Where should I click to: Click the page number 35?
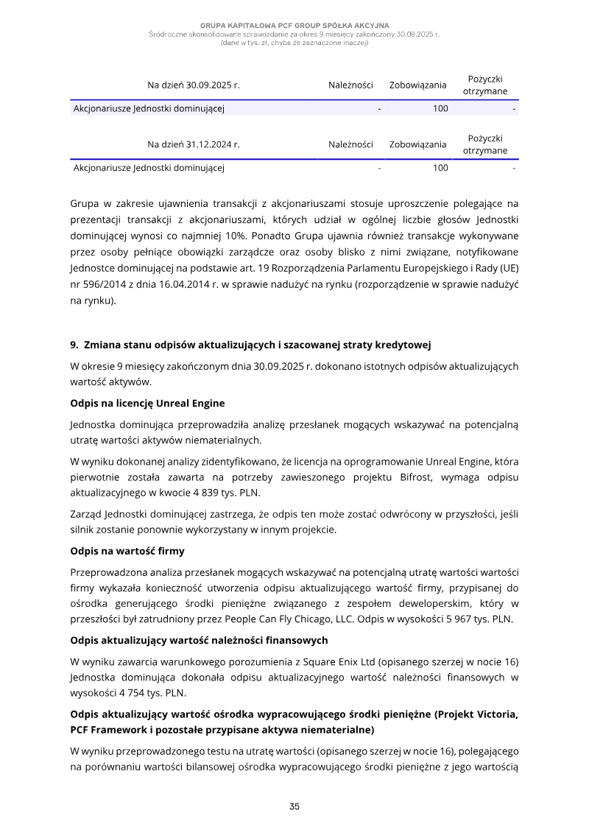(x=294, y=806)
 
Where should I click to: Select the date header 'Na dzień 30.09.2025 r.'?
(x=194, y=85)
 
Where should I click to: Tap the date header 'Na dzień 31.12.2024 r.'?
(x=194, y=144)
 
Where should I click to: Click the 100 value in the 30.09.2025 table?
(x=440, y=109)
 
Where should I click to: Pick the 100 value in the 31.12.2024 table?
(x=440, y=168)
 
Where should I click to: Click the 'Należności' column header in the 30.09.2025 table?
(x=350, y=85)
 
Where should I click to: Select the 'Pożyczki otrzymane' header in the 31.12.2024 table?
(x=485, y=144)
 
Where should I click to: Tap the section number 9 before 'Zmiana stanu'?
(x=74, y=344)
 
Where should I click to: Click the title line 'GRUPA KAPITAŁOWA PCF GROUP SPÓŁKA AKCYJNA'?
(x=294, y=25)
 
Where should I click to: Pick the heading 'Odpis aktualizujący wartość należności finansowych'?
(x=199, y=639)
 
